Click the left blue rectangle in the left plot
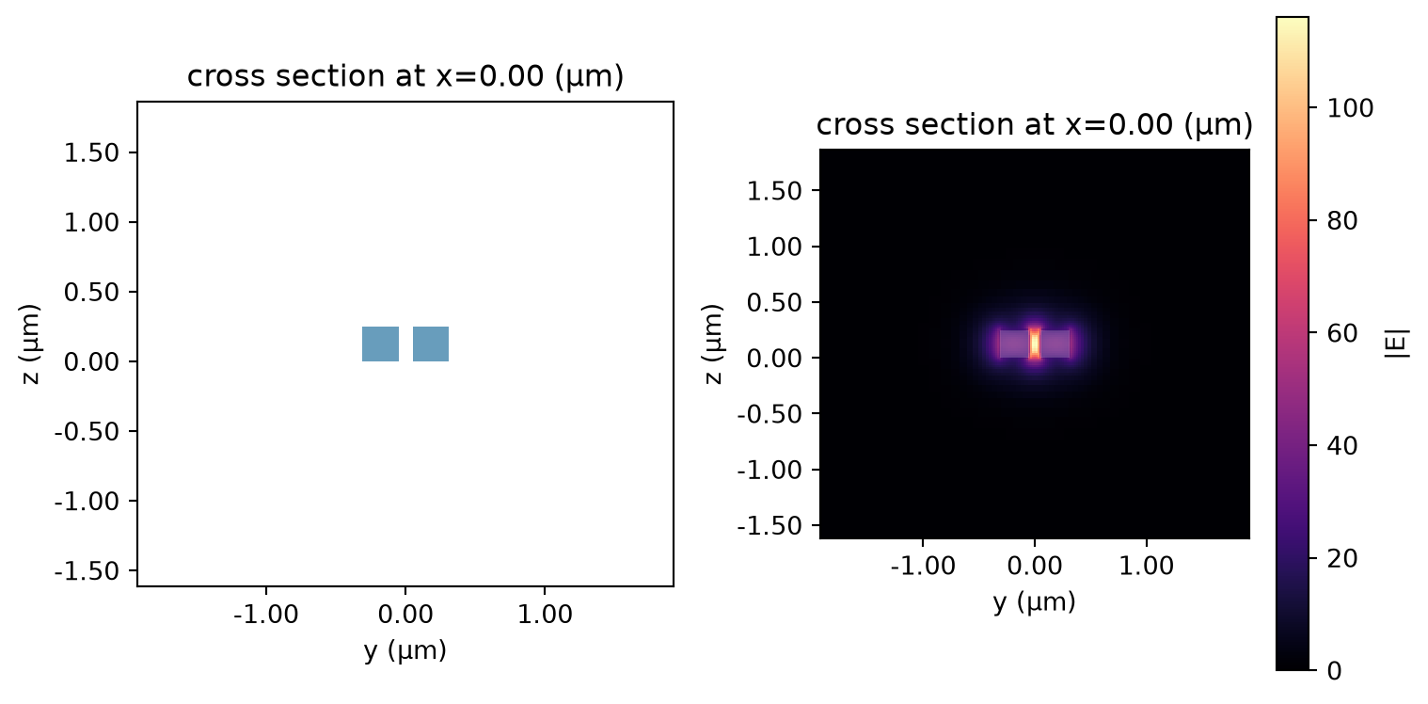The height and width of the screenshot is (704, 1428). [381, 344]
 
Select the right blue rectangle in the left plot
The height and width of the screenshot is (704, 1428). [431, 344]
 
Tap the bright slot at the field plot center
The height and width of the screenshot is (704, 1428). [1035, 344]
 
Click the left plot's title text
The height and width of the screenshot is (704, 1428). [405, 76]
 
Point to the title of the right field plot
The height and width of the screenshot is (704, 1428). [1035, 124]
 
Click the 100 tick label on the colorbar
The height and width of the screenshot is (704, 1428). [1350, 108]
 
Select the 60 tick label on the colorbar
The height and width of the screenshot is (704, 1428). [1342, 333]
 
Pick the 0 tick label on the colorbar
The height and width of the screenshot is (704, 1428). [1335, 671]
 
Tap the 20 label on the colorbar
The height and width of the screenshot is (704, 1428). [1342, 559]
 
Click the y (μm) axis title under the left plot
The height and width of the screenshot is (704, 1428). [405, 651]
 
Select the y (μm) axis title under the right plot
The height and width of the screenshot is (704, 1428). [1035, 602]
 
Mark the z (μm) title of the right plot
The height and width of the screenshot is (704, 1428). [713, 344]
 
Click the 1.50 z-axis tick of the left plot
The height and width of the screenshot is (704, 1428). [92, 153]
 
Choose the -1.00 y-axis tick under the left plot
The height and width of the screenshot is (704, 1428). [266, 615]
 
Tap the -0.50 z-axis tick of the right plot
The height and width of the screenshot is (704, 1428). [770, 414]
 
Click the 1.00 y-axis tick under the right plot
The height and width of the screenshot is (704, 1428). [1147, 567]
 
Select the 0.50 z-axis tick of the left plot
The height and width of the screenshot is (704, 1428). [92, 292]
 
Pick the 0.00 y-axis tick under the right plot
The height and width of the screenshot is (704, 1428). [1035, 567]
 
